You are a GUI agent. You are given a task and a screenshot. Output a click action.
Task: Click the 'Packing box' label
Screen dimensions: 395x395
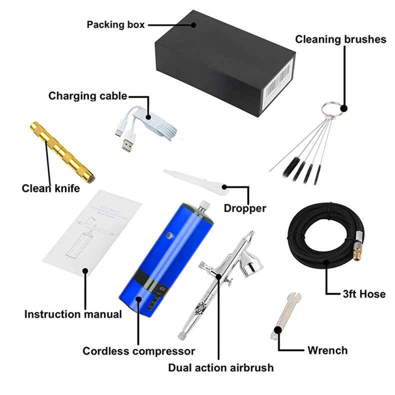coord(115,24)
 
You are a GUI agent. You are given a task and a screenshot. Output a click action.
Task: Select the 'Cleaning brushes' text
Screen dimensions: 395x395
coord(340,39)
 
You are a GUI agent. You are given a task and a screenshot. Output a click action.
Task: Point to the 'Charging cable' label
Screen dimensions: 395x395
coord(87,95)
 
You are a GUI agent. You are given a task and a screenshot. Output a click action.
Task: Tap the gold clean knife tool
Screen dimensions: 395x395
coord(60,150)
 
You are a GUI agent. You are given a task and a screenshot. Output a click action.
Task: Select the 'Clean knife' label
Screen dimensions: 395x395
coord(51,188)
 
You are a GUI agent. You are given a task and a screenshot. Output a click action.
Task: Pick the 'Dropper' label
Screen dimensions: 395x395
coord(245,208)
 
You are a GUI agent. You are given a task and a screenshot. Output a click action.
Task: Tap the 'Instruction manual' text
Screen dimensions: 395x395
coord(73,314)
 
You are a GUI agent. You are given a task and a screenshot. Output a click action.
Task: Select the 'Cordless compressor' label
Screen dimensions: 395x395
coord(138,351)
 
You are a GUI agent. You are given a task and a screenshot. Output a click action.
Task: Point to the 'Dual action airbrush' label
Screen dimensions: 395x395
coord(221,368)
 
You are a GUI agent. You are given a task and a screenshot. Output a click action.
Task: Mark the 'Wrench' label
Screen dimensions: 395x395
coord(327,349)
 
